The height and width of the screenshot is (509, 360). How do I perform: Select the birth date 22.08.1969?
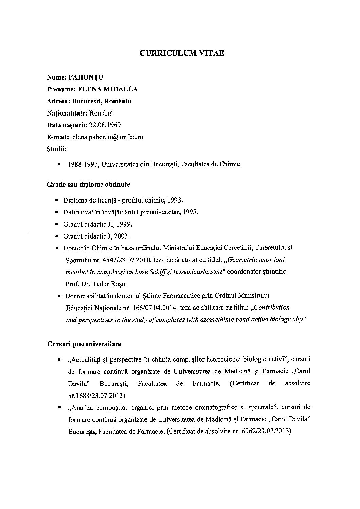105,125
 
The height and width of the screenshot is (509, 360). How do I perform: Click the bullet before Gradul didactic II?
56,225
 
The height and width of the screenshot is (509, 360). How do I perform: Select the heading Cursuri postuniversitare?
84,344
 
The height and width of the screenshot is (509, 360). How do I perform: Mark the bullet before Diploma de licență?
56,200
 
